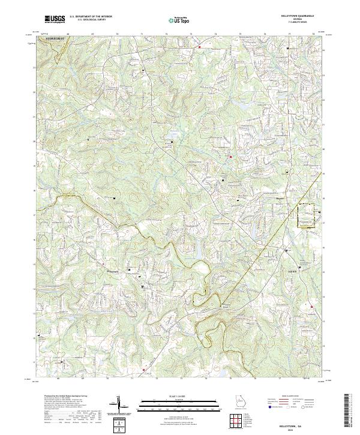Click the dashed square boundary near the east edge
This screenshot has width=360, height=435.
pos(306,215)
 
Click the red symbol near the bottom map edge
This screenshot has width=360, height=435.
pos(144,370)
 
